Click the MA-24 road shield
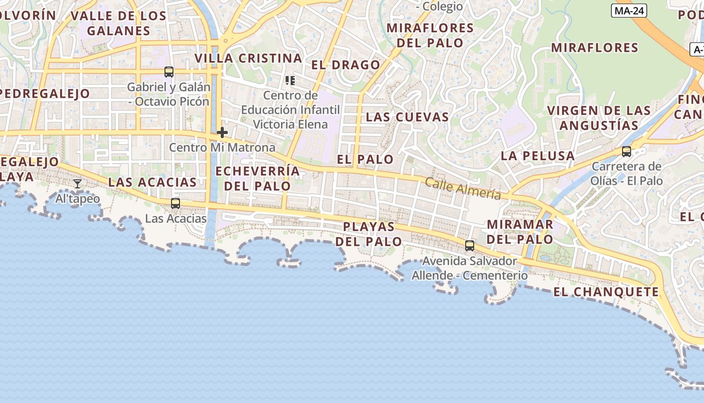coord(629,11)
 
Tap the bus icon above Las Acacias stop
coord(175,204)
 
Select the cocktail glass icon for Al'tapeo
coord(77,184)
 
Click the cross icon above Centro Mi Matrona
coord(222,132)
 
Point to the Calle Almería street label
coord(463,189)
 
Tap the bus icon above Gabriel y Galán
coord(169,72)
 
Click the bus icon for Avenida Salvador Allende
coord(470,246)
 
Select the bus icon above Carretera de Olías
coord(627,152)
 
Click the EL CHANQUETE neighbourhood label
coord(606,292)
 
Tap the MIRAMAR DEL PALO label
coord(520,232)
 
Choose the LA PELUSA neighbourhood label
coord(538,156)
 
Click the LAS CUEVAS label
coord(407,117)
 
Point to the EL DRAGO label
coord(346,65)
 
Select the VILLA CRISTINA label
coord(248,58)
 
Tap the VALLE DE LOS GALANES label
coord(119,23)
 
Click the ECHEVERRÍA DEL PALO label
coord(257,178)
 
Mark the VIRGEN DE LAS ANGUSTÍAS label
coord(599,118)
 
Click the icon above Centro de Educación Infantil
coord(290,81)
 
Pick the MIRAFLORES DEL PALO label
coord(430,35)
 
